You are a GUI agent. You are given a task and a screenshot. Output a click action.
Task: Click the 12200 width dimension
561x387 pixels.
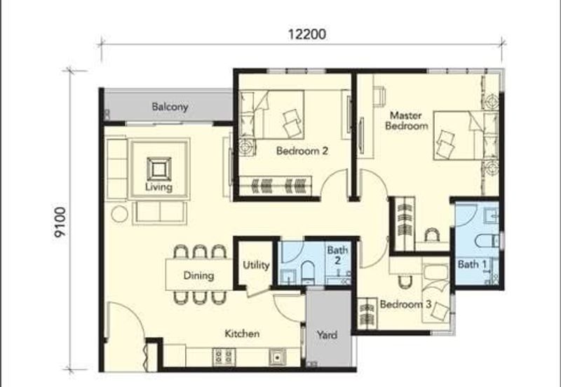[x=307, y=34]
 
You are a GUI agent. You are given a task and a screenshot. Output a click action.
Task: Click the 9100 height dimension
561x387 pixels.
[x=60, y=222]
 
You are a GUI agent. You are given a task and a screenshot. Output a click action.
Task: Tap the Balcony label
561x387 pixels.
[x=170, y=107]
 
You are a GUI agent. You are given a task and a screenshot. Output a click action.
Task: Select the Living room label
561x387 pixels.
[x=158, y=186]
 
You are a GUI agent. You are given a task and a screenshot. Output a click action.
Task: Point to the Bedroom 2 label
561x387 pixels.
[x=302, y=151]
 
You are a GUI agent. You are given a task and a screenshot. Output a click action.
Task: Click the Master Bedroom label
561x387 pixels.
[x=406, y=121]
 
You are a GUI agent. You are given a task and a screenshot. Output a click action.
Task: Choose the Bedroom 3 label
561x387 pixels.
[x=405, y=304]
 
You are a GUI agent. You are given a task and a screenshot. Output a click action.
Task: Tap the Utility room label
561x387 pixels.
[x=256, y=265]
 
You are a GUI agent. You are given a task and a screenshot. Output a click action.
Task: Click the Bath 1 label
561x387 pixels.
[x=472, y=264]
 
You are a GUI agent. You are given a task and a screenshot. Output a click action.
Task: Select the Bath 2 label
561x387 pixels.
[x=337, y=255]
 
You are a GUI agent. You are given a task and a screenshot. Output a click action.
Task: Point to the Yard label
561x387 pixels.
[x=327, y=335]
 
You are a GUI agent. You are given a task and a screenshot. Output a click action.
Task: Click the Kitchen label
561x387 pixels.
[x=242, y=334]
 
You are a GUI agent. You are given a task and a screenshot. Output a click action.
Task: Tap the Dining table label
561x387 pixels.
[x=198, y=276]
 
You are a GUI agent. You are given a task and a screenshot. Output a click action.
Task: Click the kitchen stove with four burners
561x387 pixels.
[x=224, y=357]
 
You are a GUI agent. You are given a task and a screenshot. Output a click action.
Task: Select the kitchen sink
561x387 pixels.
[x=277, y=357]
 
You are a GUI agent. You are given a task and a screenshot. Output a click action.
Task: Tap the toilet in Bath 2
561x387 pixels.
[x=307, y=273]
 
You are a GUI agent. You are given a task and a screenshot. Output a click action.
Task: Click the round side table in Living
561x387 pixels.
[x=119, y=214]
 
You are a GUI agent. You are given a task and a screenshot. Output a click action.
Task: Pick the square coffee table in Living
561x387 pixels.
[x=159, y=169]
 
